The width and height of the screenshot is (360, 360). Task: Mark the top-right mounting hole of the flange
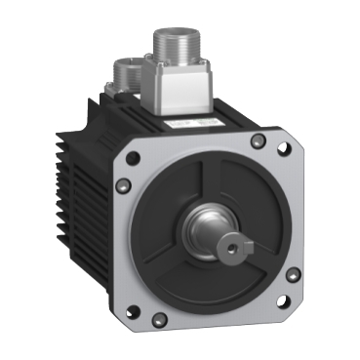283,150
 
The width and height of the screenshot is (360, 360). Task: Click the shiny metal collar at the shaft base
207,235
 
